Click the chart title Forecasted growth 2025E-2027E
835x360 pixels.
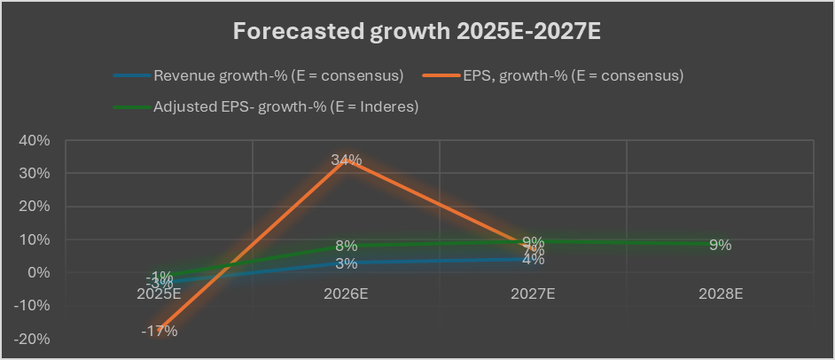[417, 32]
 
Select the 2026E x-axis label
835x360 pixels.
[347, 293]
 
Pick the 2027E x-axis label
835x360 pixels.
[534, 293]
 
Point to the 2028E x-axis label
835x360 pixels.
[720, 293]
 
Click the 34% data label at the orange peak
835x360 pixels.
[347, 160]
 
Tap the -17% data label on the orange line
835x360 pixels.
[160, 331]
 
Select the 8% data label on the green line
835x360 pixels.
[347, 246]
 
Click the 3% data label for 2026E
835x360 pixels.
[347, 263]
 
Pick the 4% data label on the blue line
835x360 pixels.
[534, 260]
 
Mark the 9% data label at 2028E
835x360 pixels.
[720, 245]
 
